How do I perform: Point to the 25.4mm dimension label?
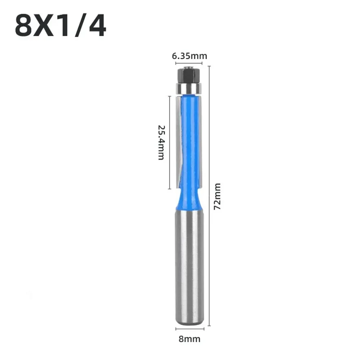point(161,142)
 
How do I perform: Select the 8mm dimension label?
point(190,339)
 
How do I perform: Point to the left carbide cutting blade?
point(179,140)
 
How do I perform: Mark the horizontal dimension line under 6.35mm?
point(189,63)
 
